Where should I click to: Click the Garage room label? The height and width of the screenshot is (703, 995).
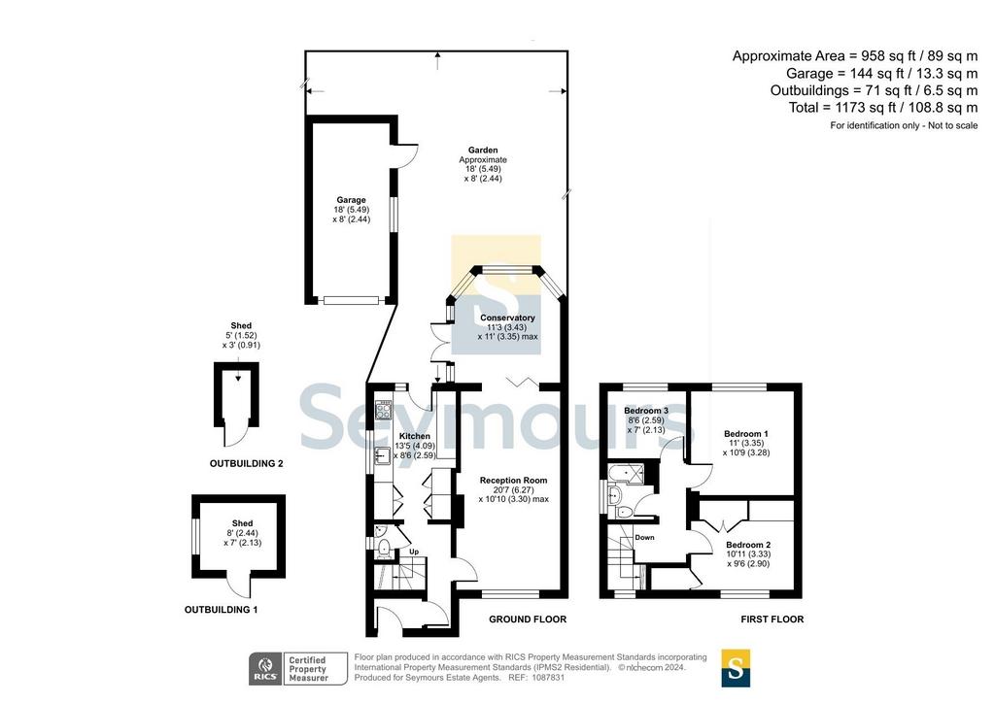pyautogui.click(x=351, y=200)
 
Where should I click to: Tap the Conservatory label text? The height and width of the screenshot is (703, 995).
pyautogui.click(x=507, y=318)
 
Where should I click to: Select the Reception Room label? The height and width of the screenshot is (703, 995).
pyautogui.click(x=513, y=481)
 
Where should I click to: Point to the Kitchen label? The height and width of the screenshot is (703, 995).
pyautogui.click(x=414, y=436)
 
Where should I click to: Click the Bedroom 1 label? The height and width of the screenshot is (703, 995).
pyautogui.click(x=745, y=434)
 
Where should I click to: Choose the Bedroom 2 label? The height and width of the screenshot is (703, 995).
pyautogui.click(x=748, y=545)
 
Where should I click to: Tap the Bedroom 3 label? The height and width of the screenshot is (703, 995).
pyautogui.click(x=646, y=411)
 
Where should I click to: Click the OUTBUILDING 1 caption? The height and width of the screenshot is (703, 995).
pyautogui.click(x=221, y=610)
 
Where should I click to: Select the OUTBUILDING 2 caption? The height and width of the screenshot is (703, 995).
pyautogui.click(x=246, y=464)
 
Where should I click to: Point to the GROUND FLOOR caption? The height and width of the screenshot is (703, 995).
pyautogui.click(x=528, y=619)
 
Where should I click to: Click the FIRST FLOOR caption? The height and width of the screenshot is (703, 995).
pyautogui.click(x=772, y=619)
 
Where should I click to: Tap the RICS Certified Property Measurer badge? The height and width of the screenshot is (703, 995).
pyautogui.click(x=297, y=669)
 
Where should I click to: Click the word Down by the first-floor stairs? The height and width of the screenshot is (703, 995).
pyautogui.click(x=644, y=538)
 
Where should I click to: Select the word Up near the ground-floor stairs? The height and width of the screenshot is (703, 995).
pyautogui.click(x=414, y=552)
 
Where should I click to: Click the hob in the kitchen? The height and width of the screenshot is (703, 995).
pyautogui.click(x=383, y=411)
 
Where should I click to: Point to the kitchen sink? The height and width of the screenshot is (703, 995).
pyautogui.click(x=382, y=455)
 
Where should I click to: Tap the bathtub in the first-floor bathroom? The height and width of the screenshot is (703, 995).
pyautogui.click(x=626, y=472)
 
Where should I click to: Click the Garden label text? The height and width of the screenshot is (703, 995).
pyautogui.click(x=483, y=151)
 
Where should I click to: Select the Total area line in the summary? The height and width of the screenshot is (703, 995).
pyautogui.click(x=882, y=108)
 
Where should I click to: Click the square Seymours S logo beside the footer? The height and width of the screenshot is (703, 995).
pyautogui.click(x=736, y=668)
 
